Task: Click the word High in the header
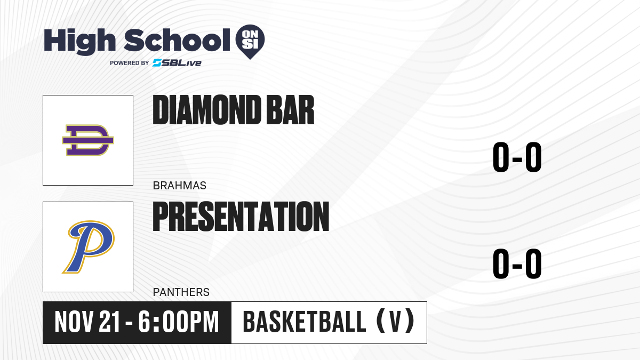[x=79, y=41]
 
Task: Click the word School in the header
[x=177, y=40]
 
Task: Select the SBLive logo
[x=177, y=63]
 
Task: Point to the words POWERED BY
[x=130, y=63]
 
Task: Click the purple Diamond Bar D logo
[x=88, y=140]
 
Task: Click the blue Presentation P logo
[x=89, y=247]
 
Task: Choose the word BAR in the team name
[x=290, y=110]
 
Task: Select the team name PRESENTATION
[x=241, y=217]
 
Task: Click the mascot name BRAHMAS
[x=179, y=186]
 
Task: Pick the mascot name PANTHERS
[x=181, y=292]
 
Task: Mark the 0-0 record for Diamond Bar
[x=517, y=157]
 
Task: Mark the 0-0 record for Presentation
[x=517, y=263]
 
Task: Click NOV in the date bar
[x=74, y=322]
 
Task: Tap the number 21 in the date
[x=109, y=322]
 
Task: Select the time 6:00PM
[x=179, y=322]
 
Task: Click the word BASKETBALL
[x=305, y=322]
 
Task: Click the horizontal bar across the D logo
[x=88, y=140]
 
